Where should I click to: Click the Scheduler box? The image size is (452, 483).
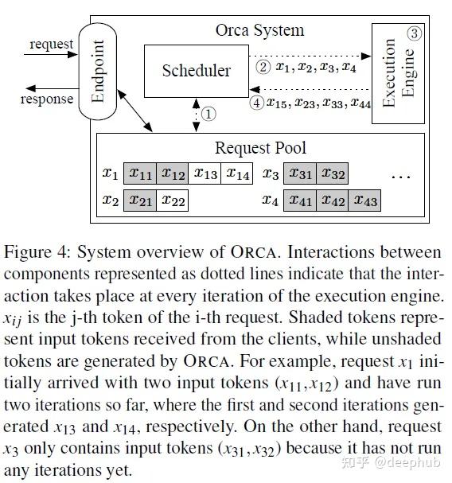tap(195, 71)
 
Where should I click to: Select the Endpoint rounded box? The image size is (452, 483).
tap(99, 73)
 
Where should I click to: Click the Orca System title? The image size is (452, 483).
tap(259, 31)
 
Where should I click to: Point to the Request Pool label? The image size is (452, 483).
tap(259, 148)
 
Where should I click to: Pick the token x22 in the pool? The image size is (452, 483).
tap(173, 201)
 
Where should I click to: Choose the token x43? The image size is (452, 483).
tap(364, 201)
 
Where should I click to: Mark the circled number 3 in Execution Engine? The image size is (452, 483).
tap(413, 33)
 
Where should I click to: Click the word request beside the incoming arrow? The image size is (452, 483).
tap(51, 44)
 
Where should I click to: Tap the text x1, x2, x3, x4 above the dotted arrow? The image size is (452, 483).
tap(315, 68)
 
